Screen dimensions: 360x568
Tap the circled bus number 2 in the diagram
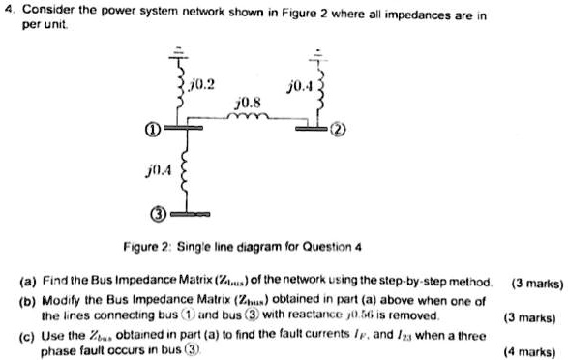point(336,128)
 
